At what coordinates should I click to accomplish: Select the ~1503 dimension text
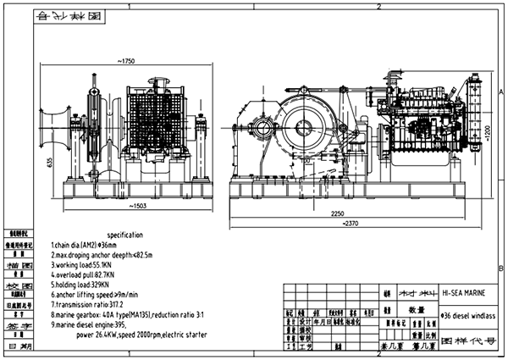[x=132, y=205]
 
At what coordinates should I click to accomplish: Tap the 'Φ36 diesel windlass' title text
[x=464, y=313]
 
